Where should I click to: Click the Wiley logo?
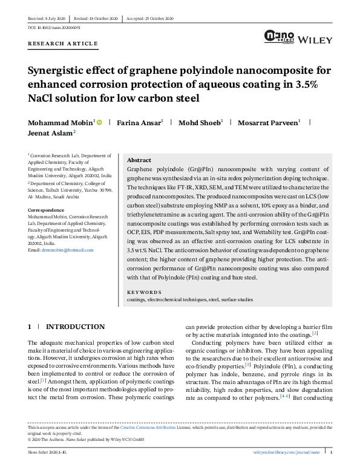[x=315, y=40]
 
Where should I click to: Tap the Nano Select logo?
[x=278, y=37]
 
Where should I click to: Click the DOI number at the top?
[x=54, y=28]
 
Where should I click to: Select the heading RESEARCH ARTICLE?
[x=62, y=44]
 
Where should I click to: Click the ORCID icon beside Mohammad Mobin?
[x=99, y=122]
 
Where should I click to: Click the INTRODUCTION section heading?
[x=75, y=327]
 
